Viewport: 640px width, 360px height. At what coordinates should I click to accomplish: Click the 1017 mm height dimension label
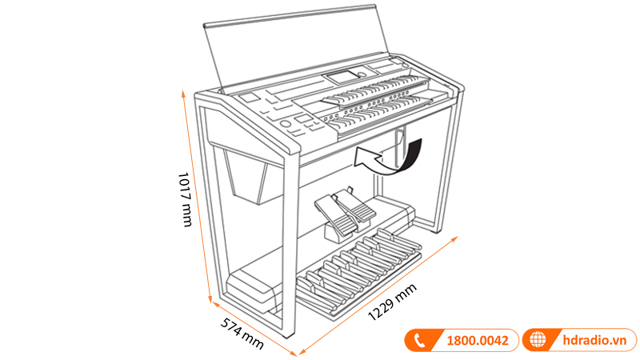tap(185, 198)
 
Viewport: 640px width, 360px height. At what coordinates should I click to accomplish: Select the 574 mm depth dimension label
tap(241, 333)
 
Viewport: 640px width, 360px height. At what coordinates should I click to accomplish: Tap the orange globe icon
tap(538, 341)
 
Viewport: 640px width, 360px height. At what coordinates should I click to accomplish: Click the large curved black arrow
tap(393, 157)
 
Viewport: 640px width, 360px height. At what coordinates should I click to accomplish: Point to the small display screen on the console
tap(339, 78)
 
